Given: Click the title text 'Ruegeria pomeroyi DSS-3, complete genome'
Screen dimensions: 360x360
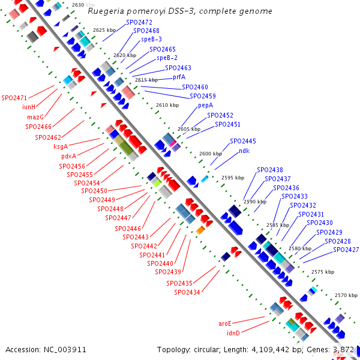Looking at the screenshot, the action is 179,11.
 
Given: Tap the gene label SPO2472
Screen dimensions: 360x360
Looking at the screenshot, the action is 139,22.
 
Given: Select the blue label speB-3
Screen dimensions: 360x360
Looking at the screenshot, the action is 151,39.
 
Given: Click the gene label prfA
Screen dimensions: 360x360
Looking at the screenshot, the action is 179,77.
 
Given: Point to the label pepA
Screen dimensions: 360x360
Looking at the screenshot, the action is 205,105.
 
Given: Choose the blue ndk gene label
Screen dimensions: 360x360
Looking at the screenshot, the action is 244,151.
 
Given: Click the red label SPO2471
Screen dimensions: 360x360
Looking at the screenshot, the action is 14,98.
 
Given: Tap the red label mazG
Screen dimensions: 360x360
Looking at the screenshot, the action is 35,116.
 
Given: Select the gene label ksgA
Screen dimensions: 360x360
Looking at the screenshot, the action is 61,146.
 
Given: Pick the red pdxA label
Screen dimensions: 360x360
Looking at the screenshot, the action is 68,156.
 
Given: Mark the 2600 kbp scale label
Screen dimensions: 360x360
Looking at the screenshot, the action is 211,154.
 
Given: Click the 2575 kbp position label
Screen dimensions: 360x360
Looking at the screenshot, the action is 323,272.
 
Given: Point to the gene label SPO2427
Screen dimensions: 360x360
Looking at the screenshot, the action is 346,250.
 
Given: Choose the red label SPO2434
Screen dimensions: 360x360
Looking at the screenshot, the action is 187,292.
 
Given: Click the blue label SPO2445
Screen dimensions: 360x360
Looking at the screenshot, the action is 243,141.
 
